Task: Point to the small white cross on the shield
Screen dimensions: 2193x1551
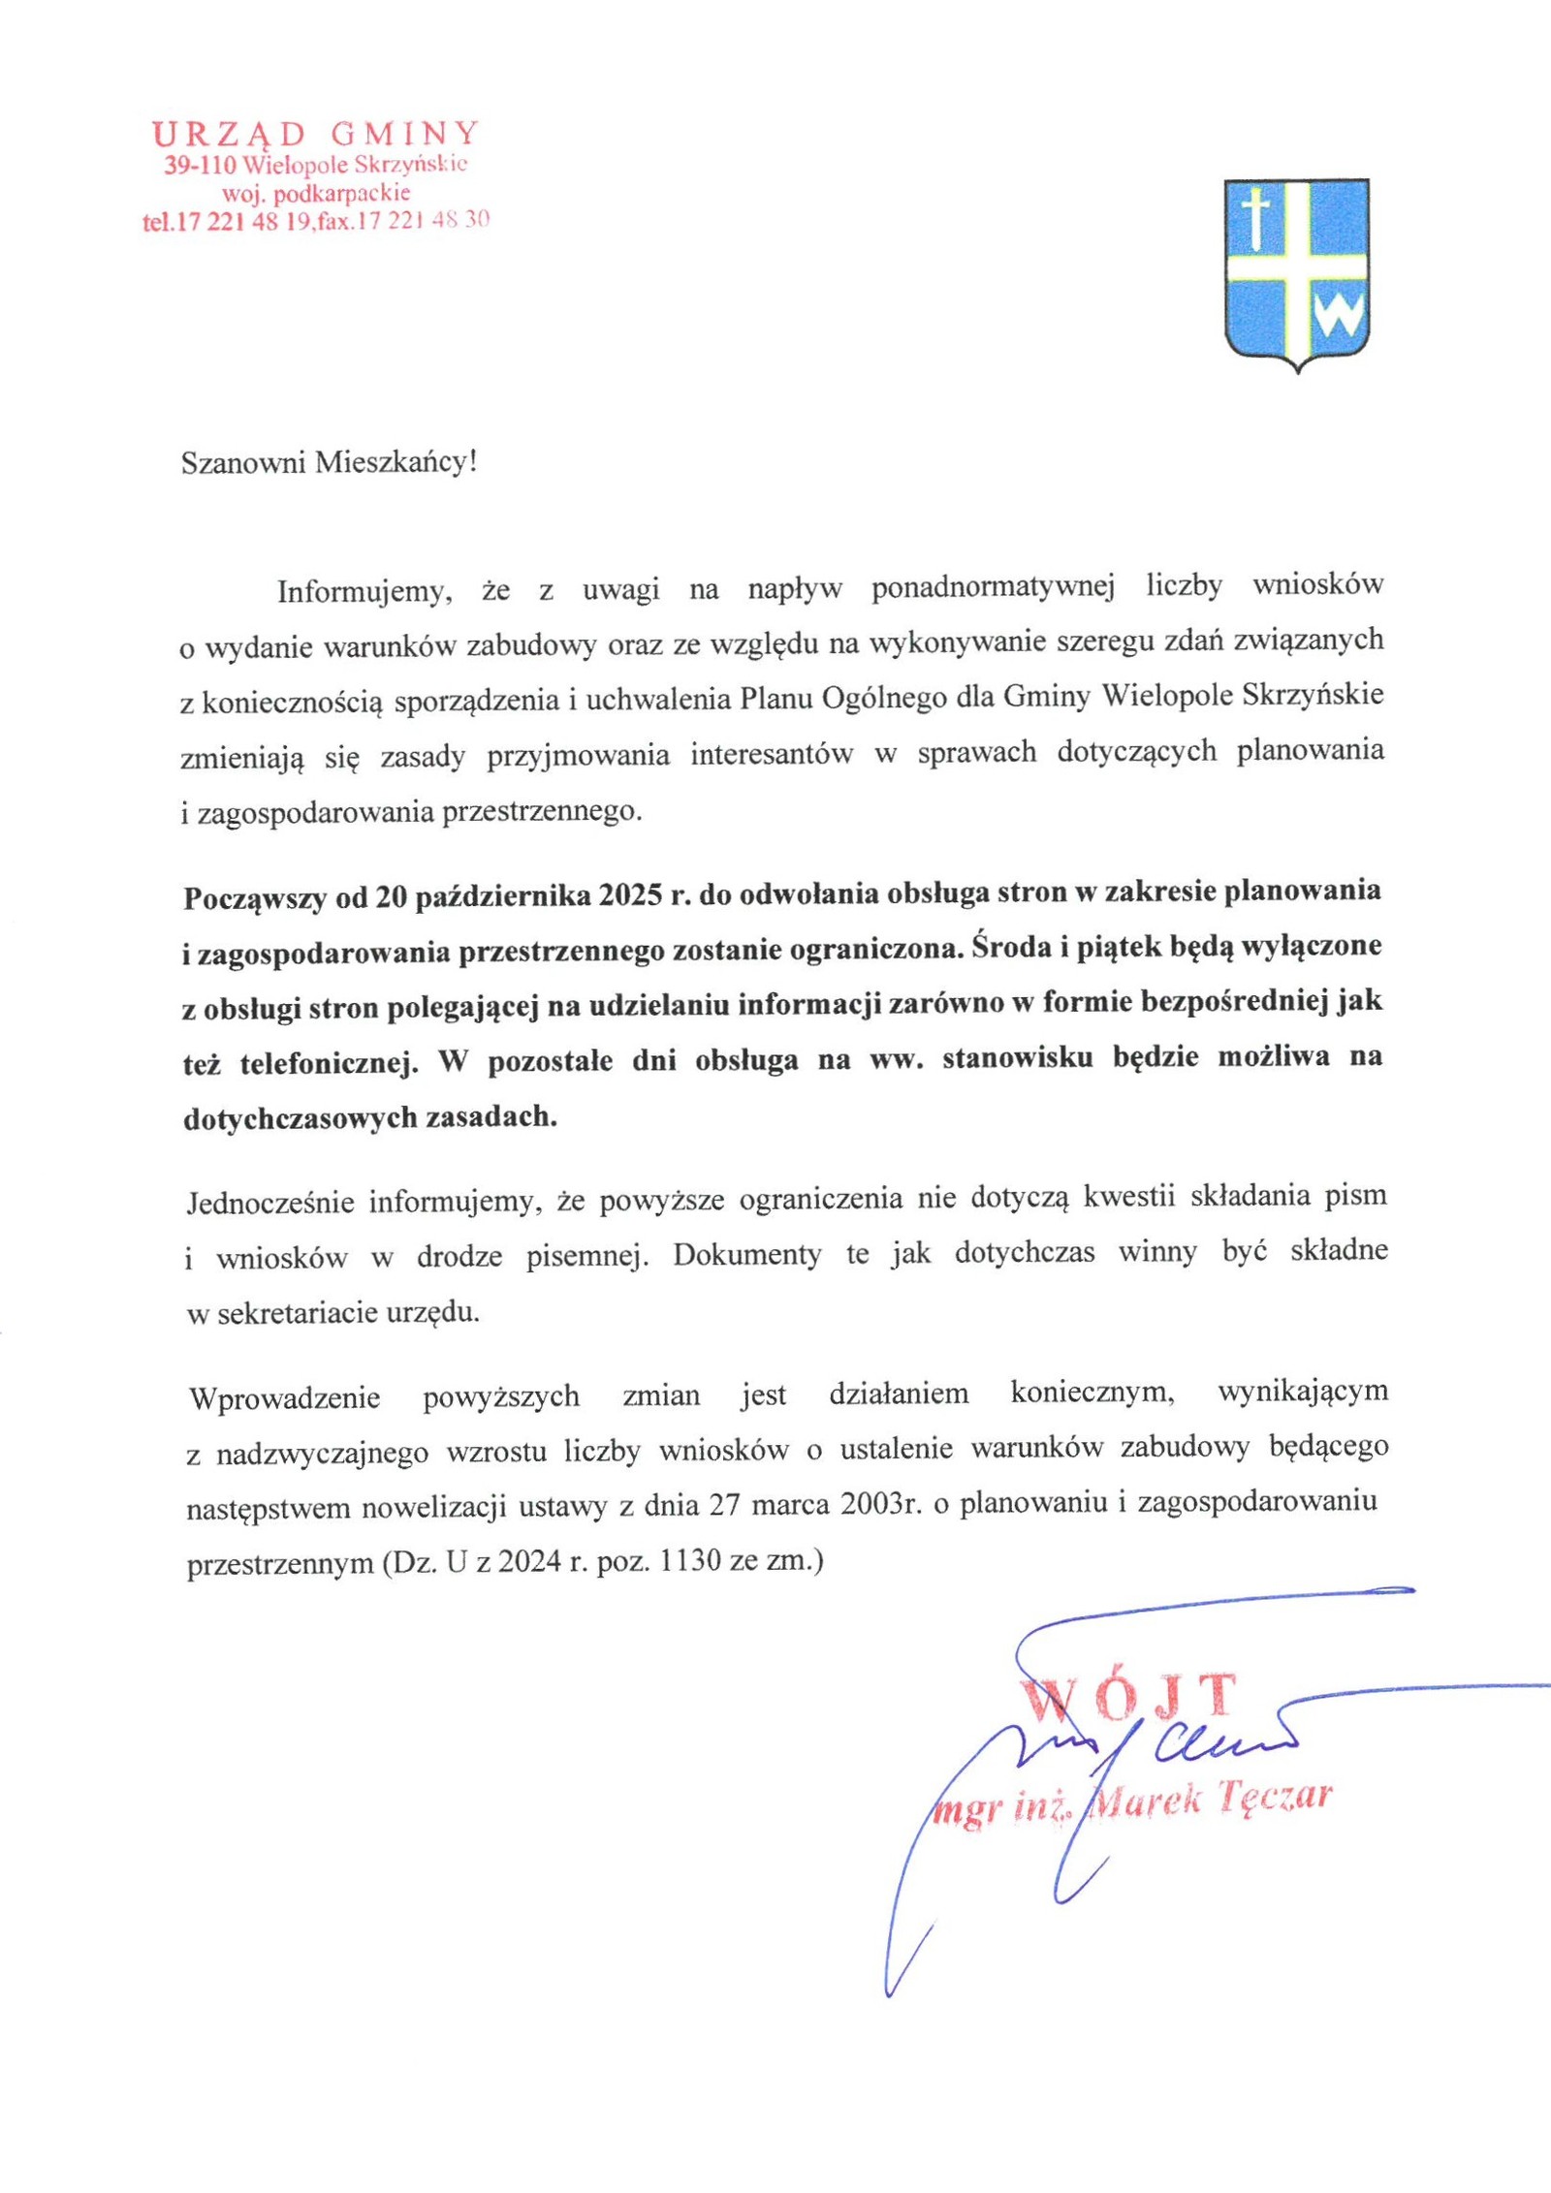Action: tap(1256, 218)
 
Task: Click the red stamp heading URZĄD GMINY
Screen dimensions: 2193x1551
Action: tap(316, 133)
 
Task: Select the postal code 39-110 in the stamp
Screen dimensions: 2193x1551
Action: tap(200, 165)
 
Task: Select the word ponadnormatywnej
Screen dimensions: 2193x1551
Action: tap(994, 587)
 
